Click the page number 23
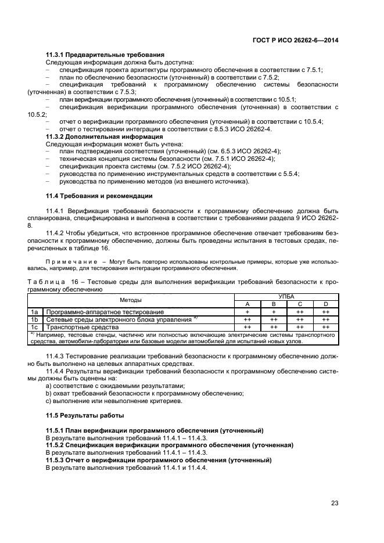click(335, 504)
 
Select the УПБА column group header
click(286, 297)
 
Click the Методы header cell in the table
click(131, 300)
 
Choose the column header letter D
click(325, 304)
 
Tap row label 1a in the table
click(34, 312)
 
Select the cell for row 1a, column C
click(300, 312)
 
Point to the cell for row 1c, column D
click(325, 327)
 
